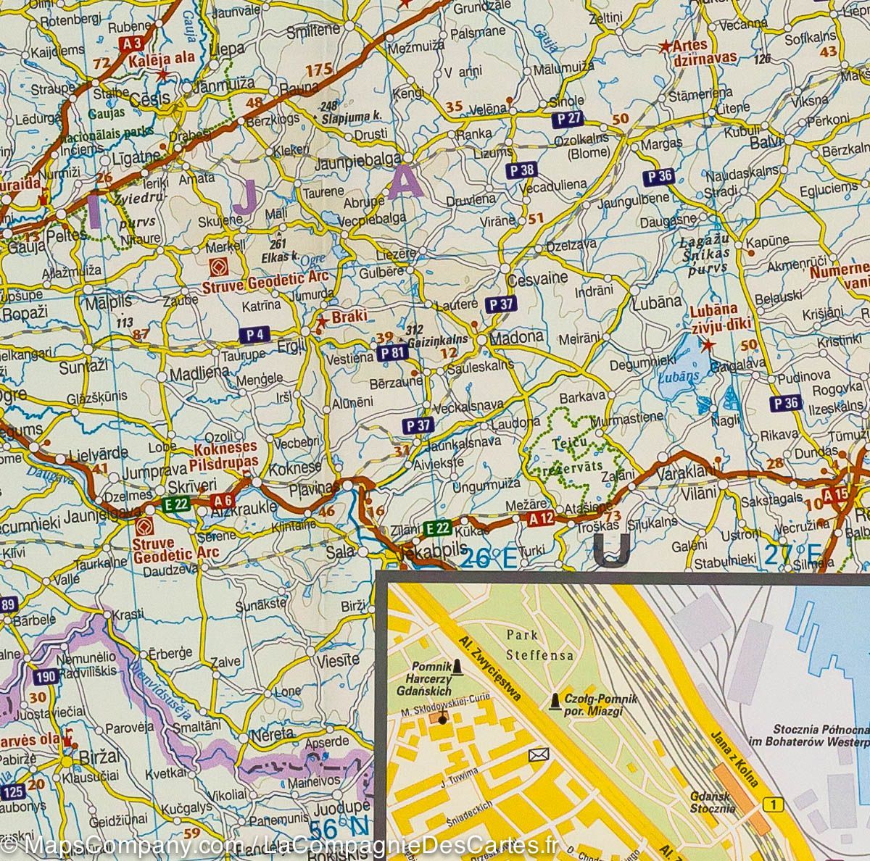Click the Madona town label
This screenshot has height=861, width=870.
pos(516,338)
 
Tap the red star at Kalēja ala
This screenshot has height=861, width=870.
pos(163,74)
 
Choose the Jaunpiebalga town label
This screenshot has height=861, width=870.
pos(359,165)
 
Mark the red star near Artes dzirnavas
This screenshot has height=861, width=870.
pos(664,46)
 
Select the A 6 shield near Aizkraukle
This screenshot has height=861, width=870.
pos(223,501)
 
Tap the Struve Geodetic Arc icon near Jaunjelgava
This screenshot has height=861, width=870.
pos(144,527)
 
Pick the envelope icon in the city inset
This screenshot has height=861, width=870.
pos(537,755)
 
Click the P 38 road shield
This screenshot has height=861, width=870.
pos(521,170)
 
